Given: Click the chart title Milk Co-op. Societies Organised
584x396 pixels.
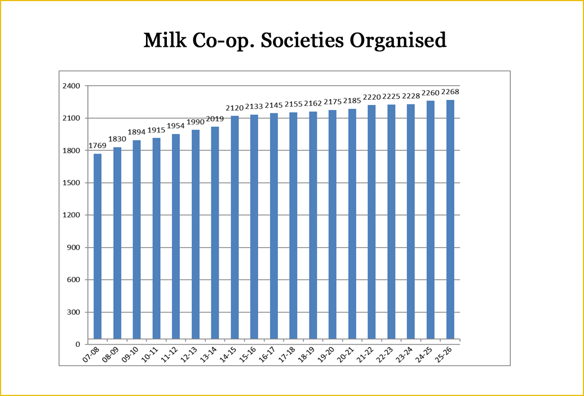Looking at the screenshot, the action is point(295,41).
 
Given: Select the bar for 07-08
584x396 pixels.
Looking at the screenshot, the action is point(98,246).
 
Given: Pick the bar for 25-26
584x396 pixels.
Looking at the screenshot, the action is point(450,219).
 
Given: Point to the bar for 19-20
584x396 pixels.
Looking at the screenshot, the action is point(333,225).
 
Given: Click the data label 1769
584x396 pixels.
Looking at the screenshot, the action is point(97,146).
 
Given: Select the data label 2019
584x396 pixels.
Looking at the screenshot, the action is point(215,119).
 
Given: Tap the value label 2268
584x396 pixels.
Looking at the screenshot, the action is point(450,92).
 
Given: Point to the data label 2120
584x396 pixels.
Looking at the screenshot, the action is point(235,108).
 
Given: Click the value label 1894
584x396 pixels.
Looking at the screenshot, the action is point(136,133).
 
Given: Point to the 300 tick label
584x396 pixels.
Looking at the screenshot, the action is point(74,312).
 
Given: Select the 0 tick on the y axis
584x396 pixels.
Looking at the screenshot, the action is point(78,345).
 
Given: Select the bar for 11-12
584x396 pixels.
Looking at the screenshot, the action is point(176,236).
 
